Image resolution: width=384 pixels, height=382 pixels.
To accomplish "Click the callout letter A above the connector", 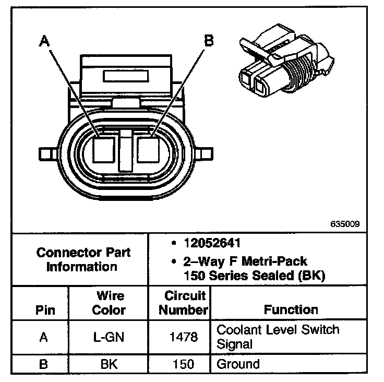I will (45, 42).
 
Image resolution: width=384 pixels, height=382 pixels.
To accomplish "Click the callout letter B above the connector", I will (208, 41).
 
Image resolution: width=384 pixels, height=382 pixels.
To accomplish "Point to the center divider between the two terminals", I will (126, 151).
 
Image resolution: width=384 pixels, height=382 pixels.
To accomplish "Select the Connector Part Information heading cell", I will (83, 259).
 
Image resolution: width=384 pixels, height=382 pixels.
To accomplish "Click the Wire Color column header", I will (109, 303).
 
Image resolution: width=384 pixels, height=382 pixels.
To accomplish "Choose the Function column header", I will (291, 309).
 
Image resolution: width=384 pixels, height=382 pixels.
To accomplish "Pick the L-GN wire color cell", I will (109, 337).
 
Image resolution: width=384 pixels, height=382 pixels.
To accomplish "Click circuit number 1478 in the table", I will (184, 337).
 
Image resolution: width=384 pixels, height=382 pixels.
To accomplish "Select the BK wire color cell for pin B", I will (109, 364).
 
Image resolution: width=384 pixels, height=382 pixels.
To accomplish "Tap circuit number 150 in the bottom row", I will (184, 364).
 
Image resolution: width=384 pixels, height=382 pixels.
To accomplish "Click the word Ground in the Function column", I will (238, 364).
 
